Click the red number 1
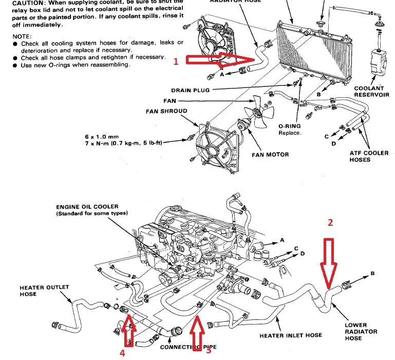pyautogui.click(x=176, y=62)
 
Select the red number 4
pyautogui.click(x=122, y=353)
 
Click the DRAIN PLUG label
pyautogui.click(x=190, y=90)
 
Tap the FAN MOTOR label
pyautogui.click(x=270, y=154)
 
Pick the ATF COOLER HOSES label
pyautogui.click(x=367, y=156)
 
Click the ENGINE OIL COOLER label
pyautogui.click(x=87, y=207)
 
